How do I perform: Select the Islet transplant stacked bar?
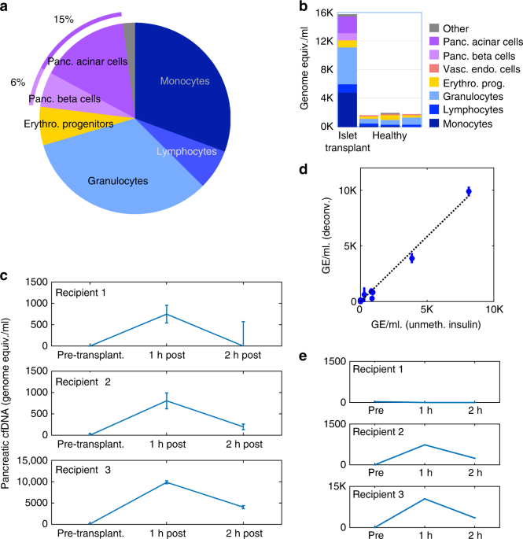[x=348, y=71]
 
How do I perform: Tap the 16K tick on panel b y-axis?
[x=324, y=12]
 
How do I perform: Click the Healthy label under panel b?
[x=390, y=138]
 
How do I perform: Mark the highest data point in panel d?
[x=468, y=190]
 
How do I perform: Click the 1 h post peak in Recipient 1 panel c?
[x=167, y=314]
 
